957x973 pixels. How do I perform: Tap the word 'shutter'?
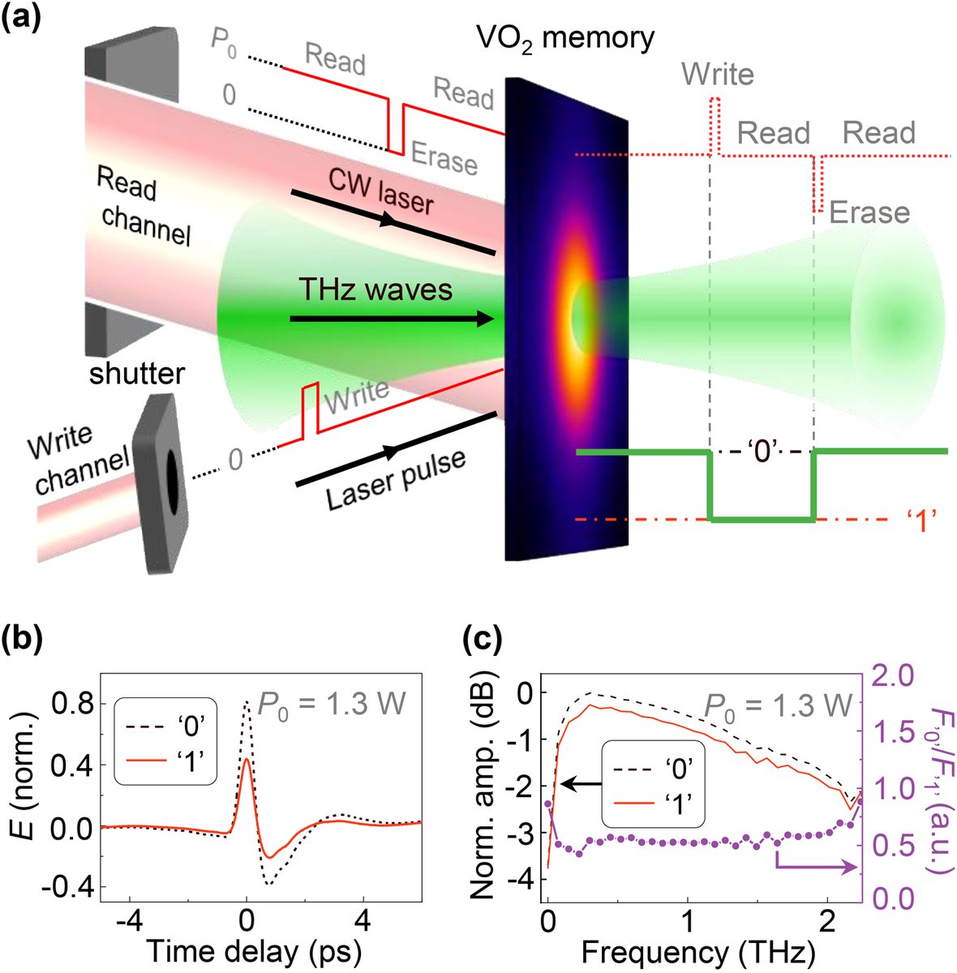(136, 374)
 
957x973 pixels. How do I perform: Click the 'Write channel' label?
(78, 460)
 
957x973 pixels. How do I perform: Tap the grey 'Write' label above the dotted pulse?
(718, 75)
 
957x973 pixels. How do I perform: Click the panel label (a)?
(25, 17)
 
